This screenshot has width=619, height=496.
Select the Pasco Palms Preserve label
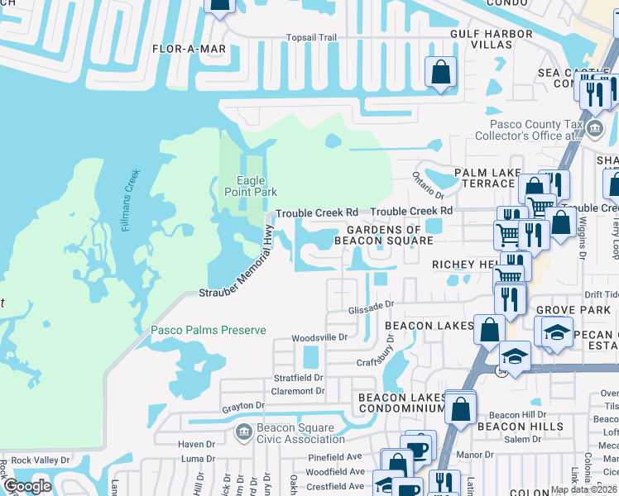208,330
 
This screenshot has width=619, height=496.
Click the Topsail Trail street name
311,38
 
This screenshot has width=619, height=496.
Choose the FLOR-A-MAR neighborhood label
189,49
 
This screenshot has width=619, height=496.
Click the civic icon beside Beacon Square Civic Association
243,432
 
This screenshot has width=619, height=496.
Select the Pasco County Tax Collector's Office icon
595,130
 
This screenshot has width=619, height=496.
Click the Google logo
26,486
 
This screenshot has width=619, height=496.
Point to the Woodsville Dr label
319,338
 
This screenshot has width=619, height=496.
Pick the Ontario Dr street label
429,185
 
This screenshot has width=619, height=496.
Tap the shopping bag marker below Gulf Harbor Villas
440,72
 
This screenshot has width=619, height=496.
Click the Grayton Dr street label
242,406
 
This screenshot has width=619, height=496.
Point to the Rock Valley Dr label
39,460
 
